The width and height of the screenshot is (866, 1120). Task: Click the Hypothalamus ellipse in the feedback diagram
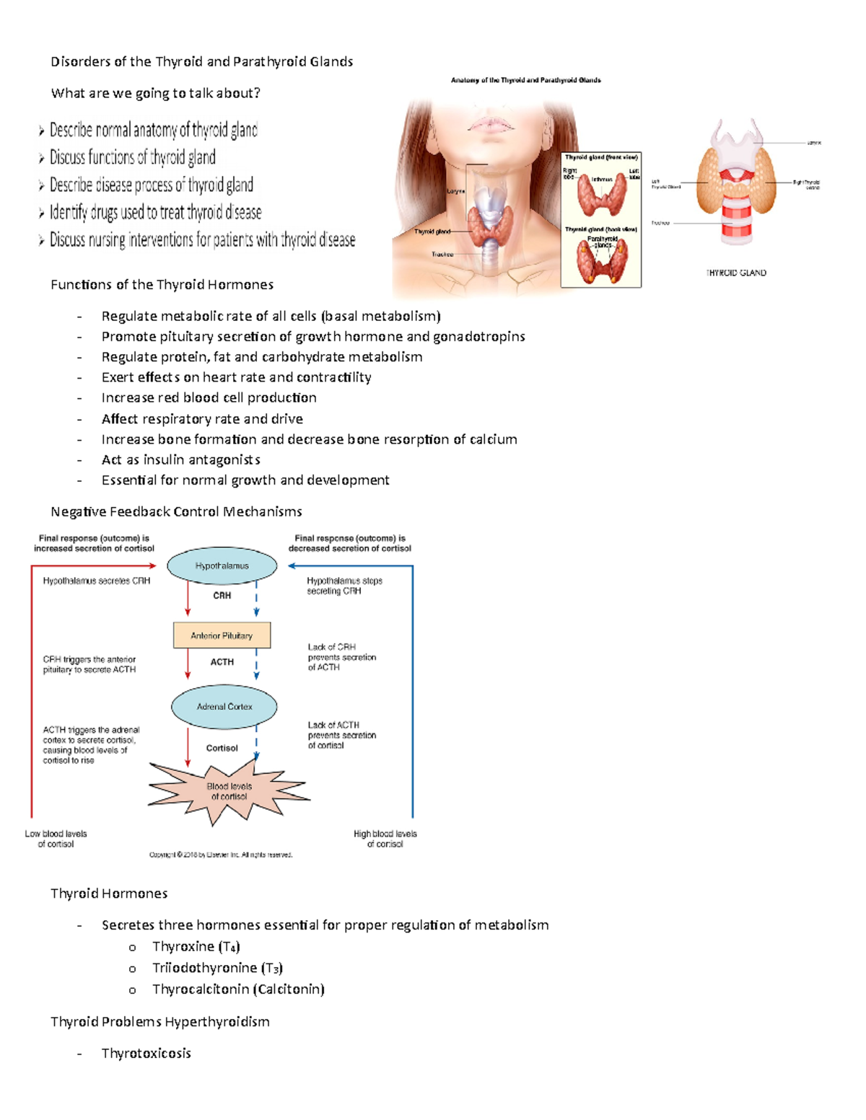point(222,566)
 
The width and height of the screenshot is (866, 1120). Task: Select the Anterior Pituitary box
point(222,635)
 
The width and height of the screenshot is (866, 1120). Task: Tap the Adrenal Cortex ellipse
point(224,707)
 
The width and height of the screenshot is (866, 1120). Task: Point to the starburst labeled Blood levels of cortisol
point(229,792)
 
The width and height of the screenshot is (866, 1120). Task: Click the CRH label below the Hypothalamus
point(222,596)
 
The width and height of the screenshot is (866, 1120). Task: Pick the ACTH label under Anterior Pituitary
point(222,662)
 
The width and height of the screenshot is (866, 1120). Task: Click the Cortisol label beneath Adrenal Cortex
point(222,749)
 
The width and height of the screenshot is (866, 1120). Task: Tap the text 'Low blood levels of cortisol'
point(56,839)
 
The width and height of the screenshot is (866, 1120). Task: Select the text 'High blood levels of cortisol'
point(385,839)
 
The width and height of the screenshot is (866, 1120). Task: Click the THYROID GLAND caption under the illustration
point(736,273)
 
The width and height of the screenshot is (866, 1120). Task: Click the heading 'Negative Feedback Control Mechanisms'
point(176,512)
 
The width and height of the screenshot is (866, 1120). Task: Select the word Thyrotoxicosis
point(146,1054)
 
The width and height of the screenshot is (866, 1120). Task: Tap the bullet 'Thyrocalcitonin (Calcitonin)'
point(238,989)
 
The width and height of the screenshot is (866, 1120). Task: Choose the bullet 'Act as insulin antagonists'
point(180,460)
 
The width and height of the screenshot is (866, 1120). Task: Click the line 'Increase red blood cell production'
point(209,398)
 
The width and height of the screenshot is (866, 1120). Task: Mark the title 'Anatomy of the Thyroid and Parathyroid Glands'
point(525,80)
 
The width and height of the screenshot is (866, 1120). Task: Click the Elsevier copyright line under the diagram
point(221,855)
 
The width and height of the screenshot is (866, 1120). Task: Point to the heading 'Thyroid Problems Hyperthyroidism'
point(160,1022)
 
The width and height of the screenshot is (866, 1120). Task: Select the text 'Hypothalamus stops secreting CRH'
point(344,586)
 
